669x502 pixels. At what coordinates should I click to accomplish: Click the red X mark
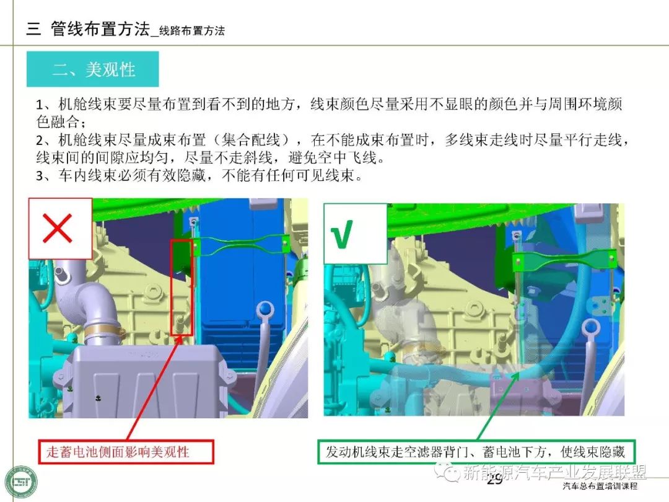[57, 228]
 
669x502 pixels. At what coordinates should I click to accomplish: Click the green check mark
[342, 234]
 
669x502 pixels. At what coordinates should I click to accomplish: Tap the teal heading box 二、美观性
[92, 69]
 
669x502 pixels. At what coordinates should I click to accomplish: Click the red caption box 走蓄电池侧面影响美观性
[126, 452]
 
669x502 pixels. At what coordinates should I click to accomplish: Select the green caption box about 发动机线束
[476, 452]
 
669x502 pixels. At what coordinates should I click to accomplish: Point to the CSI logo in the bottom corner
[21, 482]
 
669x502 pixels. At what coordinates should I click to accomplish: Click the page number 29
[494, 479]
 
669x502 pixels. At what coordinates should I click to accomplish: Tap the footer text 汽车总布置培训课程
[600, 486]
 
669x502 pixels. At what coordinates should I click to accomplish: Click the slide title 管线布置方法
[100, 29]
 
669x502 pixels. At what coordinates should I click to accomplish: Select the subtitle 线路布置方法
[192, 31]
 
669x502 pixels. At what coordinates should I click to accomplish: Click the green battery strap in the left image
[240, 245]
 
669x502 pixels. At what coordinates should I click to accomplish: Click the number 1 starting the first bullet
[40, 105]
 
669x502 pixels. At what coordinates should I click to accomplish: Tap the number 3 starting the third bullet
[40, 176]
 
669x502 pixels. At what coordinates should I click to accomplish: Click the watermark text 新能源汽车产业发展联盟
[554, 472]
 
